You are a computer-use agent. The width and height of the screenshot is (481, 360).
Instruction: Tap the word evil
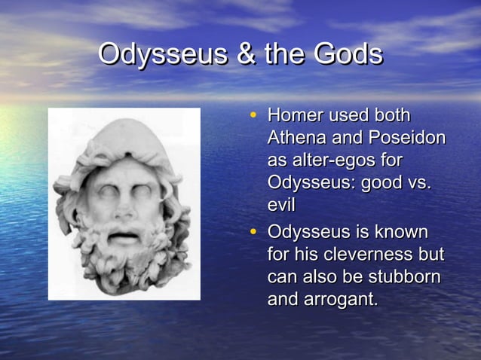coord(280,206)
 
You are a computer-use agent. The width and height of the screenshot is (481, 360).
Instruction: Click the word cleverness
coord(365,255)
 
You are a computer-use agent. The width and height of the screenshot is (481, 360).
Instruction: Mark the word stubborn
coord(402,276)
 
